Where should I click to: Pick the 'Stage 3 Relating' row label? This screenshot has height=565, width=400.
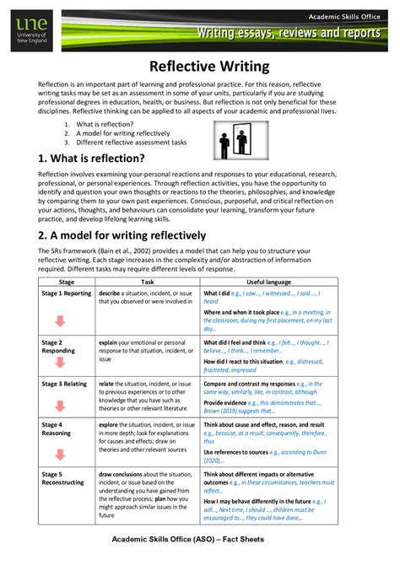coord(67,383)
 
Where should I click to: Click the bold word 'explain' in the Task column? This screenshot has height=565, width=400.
coord(109,342)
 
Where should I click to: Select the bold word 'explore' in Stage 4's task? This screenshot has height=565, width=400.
coord(110,424)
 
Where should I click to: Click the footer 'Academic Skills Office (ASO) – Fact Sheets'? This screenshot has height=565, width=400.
coord(200,539)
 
